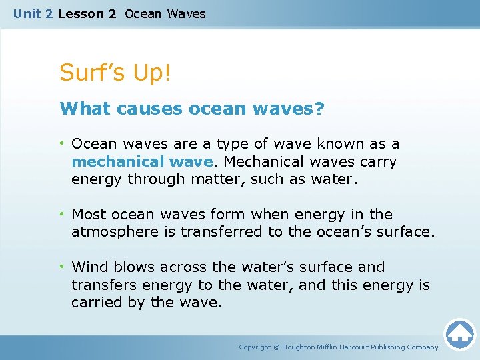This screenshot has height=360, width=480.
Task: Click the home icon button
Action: tap(459, 334)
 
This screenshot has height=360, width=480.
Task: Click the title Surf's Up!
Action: tap(115, 73)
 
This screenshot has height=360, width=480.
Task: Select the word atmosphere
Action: tap(120, 232)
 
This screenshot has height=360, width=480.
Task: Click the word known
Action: tap(339, 144)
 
